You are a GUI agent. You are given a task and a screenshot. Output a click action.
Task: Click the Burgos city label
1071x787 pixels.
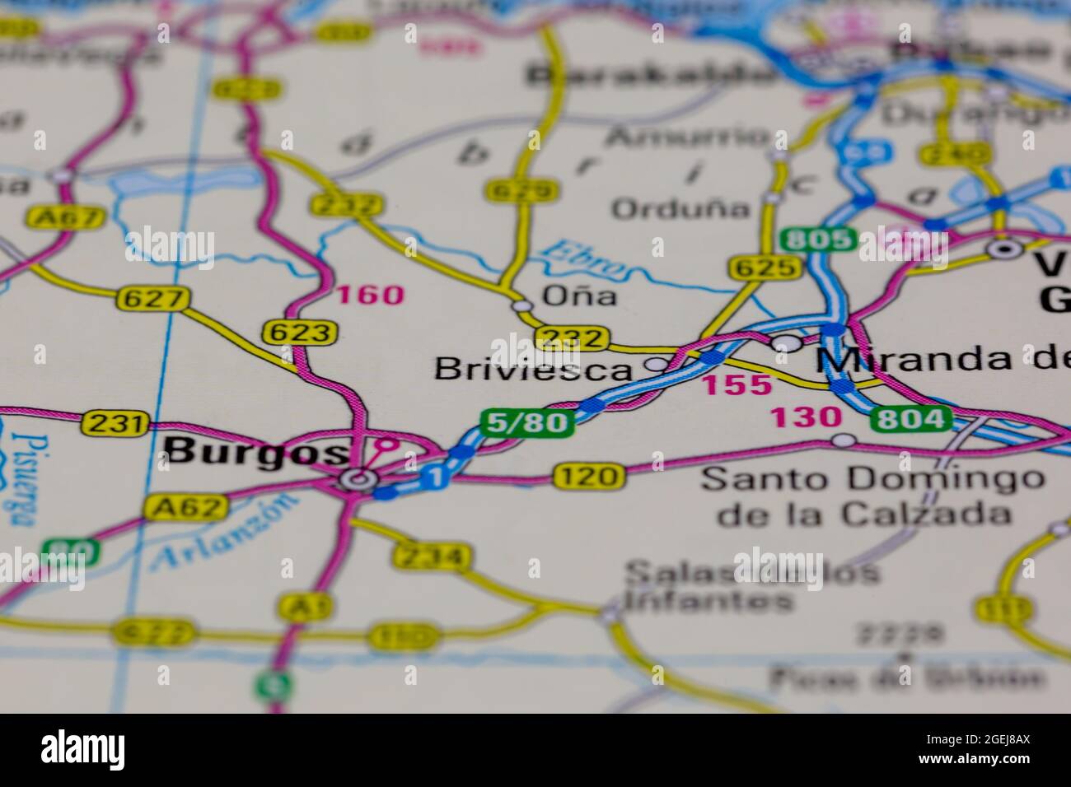[x=255, y=451]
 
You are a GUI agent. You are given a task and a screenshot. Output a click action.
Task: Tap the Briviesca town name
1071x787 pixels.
[x=533, y=369]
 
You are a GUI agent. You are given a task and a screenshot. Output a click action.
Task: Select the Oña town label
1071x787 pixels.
[x=580, y=296]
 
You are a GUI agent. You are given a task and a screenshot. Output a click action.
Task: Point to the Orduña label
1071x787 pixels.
[x=680, y=209]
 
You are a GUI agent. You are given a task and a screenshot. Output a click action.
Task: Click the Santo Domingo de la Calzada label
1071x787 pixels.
[x=872, y=496]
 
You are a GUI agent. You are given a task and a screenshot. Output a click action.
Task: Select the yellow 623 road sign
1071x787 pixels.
[x=301, y=333]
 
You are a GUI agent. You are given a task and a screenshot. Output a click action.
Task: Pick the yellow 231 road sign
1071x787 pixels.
[x=116, y=424]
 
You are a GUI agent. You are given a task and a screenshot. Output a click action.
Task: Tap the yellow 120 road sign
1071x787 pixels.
[x=588, y=475]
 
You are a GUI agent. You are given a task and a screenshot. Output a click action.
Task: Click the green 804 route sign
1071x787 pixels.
[x=911, y=419]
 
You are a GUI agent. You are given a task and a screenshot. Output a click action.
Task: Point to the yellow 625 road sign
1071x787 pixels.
[x=764, y=267]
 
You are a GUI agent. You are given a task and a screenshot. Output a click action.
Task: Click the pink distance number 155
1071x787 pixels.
[x=737, y=384]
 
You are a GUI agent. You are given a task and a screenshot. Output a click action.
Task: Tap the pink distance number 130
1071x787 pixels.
[x=805, y=418]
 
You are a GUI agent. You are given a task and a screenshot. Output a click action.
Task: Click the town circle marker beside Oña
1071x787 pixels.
[x=521, y=305]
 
